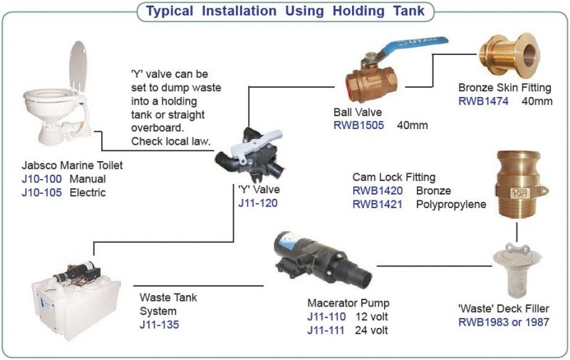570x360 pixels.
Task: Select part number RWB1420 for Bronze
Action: (x=377, y=190)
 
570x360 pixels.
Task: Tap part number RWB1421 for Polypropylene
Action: (x=377, y=204)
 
